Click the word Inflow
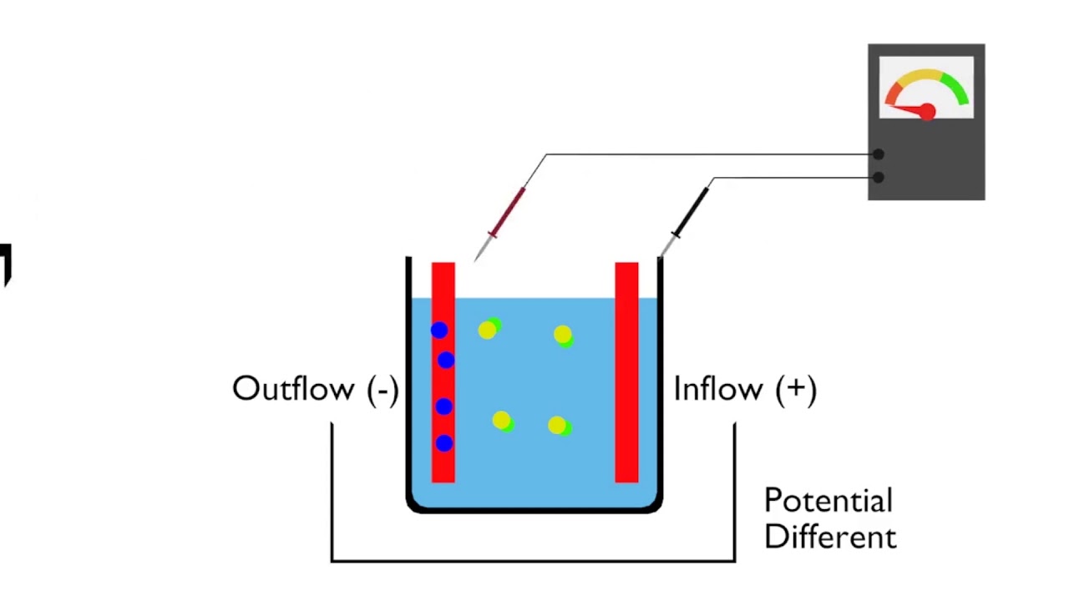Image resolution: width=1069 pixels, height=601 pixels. pyautogui.click(x=717, y=389)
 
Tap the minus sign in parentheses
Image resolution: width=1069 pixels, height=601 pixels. pyautogui.click(x=383, y=390)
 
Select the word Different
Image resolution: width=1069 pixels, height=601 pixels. pyautogui.click(x=830, y=537)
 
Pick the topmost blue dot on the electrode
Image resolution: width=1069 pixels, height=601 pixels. pyautogui.click(x=438, y=331)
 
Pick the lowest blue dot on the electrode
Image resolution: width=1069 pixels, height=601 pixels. pyautogui.click(x=443, y=443)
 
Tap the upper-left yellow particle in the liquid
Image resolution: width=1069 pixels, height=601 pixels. pyautogui.click(x=488, y=331)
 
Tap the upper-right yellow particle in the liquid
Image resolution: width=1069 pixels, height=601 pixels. pyautogui.click(x=562, y=335)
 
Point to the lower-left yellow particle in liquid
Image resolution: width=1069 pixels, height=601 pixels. pyautogui.click(x=501, y=421)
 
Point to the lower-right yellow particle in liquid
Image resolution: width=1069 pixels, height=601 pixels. pyautogui.click(x=557, y=426)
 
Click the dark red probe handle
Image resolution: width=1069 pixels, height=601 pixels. pyautogui.click(x=508, y=212)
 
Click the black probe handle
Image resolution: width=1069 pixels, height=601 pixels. pyautogui.click(x=692, y=213)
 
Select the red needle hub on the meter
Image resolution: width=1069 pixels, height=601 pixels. pyautogui.click(x=926, y=112)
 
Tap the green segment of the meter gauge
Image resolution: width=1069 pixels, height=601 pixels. pyautogui.click(x=955, y=86)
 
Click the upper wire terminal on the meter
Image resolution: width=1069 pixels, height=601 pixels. pyautogui.click(x=878, y=154)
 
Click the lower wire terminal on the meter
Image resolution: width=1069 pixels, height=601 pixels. pyautogui.click(x=878, y=177)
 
